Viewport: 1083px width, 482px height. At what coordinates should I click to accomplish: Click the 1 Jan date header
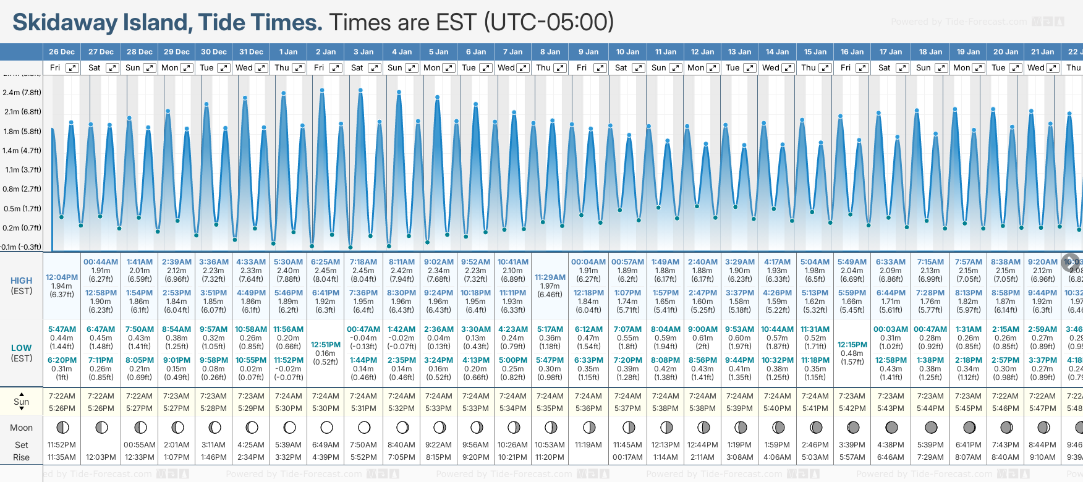288,52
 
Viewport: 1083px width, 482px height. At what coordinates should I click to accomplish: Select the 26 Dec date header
62,52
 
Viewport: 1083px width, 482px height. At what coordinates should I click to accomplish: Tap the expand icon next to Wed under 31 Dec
261,68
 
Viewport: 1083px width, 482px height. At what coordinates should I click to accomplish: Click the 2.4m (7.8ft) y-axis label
22,93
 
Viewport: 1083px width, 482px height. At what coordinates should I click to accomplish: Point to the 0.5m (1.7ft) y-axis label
22,209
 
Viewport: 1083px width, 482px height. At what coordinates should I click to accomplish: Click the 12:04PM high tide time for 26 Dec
62,277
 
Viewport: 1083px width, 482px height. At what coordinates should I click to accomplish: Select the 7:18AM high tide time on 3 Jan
363,262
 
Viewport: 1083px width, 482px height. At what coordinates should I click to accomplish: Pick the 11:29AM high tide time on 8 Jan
550,277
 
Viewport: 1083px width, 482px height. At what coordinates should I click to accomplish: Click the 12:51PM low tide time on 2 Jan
326,345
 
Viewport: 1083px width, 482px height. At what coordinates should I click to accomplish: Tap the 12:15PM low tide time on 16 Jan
852,345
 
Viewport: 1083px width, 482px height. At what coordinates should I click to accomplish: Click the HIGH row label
22,281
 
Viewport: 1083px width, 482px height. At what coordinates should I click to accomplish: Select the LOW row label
22,348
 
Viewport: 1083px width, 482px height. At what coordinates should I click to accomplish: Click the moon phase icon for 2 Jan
326,427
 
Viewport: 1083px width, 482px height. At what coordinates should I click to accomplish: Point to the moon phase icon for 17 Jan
891,427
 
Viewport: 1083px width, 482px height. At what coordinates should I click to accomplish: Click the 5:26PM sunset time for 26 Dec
62,408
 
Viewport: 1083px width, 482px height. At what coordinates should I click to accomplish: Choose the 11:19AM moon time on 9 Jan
588,445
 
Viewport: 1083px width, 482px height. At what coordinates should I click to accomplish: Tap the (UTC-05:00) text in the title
548,23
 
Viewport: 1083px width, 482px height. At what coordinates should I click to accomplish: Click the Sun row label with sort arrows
22,402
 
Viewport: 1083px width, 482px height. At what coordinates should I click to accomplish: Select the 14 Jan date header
777,52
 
